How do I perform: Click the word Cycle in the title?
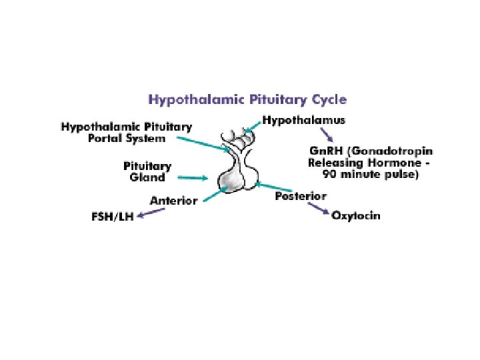click(x=327, y=100)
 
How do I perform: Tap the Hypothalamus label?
click(x=303, y=121)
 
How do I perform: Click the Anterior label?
click(x=173, y=200)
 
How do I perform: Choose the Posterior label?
click(x=301, y=196)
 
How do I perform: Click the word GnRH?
click(x=322, y=151)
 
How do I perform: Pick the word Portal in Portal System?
click(x=108, y=138)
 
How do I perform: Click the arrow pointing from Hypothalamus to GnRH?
click(x=326, y=135)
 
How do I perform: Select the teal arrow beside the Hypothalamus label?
click(x=251, y=126)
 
